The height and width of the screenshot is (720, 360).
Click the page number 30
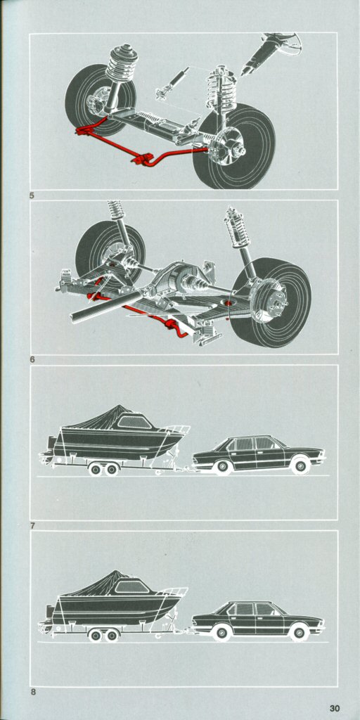click(x=335, y=709)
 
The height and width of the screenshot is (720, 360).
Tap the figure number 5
click(x=32, y=195)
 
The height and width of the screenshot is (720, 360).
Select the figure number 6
click(x=32, y=360)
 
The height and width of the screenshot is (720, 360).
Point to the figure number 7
click(x=32, y=525)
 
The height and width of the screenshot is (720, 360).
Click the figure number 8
click(x=32, y=692)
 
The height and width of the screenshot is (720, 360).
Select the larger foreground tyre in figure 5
click(x=233, y=146)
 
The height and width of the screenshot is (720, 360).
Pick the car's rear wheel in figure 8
click(x=221, y=633)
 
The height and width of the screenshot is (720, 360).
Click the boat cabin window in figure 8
click(x=132, y=587)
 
